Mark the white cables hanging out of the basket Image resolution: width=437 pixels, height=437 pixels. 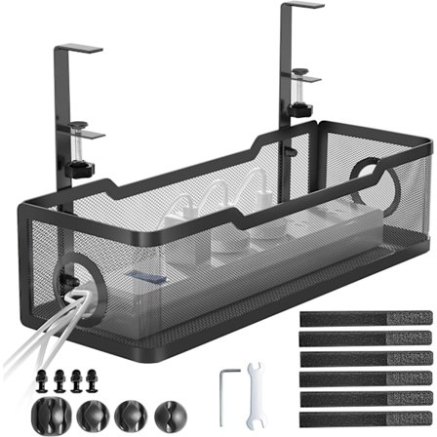[x=29, y=332]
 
